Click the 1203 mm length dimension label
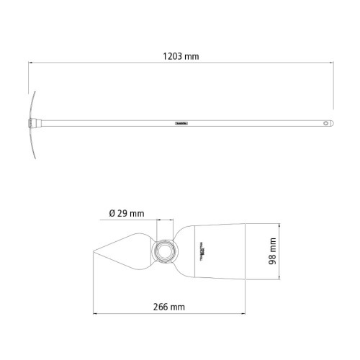181,55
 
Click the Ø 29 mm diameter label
127,213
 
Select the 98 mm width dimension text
272,251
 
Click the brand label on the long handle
181,123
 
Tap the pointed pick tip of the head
94,251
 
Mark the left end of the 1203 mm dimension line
29,63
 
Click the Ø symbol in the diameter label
112,213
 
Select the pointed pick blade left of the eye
126,251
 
